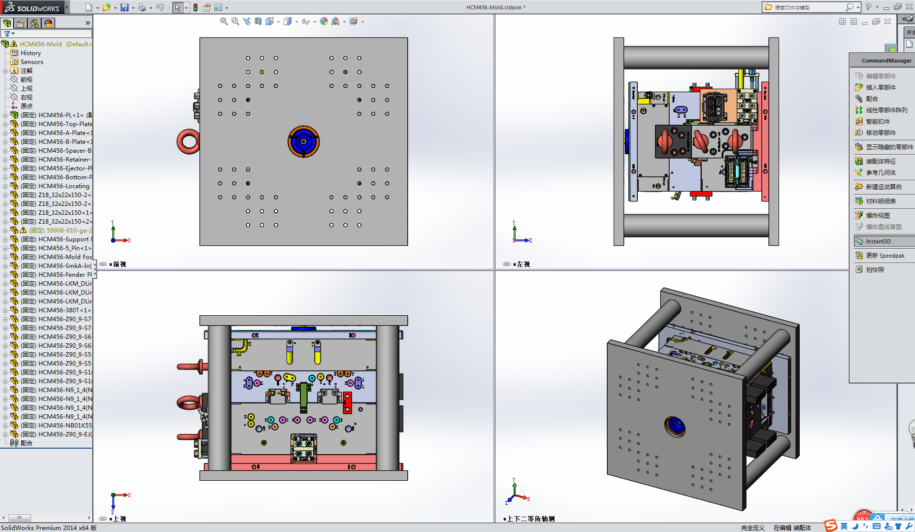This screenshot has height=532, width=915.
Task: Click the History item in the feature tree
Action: coord(31,53)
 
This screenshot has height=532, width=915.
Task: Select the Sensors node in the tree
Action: coord(32,62)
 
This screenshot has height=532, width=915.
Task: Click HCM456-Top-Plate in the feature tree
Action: coord(65,124)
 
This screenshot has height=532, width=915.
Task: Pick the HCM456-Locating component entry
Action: coord(64,186)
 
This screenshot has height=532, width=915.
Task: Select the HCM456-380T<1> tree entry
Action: coord(64,310)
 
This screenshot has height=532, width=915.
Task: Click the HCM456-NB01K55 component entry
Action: coord(65,426)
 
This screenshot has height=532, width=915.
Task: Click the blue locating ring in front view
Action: coord(304,141)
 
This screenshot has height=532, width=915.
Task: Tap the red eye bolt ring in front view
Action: coord(188,141)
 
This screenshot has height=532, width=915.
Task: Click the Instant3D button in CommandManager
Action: coord(878,241)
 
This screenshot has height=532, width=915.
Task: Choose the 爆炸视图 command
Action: coord(878,216)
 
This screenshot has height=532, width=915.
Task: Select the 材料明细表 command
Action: coord(881,201)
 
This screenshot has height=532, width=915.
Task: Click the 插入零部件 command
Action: coord(881,88)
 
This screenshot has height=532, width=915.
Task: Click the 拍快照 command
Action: coord(875,270)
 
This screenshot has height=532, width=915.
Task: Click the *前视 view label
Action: coord(118,265)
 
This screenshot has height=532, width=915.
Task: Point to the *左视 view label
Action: coord(522,265)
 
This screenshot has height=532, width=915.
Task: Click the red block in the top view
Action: coord(347,402)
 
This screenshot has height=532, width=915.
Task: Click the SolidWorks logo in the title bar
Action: coord(33,7)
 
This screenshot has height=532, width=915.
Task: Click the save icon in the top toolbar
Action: coord(125,7)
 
